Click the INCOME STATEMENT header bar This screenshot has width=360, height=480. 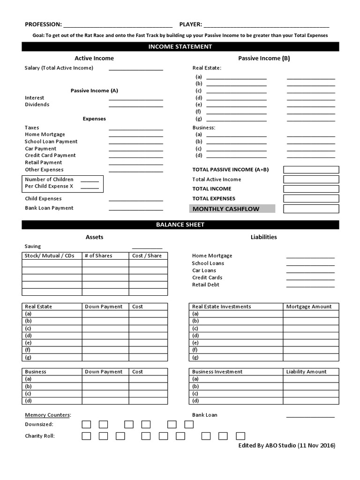coord(180,46)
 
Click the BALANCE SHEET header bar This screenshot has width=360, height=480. coord(180,225)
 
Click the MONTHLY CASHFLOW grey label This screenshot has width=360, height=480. coord(232,209)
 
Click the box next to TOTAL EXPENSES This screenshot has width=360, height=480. coord(311,199)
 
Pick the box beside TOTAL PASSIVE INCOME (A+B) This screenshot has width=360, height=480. coord(311,170)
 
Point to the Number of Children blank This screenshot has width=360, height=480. coord(90,181)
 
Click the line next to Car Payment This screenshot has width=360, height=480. coord(136,150)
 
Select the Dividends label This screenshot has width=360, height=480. coord(37,105)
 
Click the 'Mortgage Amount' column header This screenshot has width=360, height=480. coord(309,307)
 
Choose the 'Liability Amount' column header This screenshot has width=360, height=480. coord(307,372)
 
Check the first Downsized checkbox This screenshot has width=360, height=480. coord(86,425)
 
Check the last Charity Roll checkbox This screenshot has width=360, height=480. coord(240,436)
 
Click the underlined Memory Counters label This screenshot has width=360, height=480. coord(48,415)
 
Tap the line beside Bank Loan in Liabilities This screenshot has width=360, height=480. coord(310,416)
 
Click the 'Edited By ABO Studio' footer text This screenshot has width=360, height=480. coord(287,446)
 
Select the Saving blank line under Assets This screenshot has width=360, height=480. coord(147,248)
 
